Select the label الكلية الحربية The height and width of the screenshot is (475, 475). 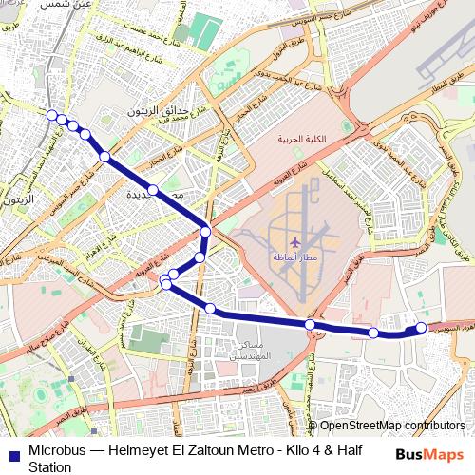[301, 140]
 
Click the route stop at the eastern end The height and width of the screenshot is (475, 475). [422, 328]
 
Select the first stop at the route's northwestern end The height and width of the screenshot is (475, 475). [51, 115]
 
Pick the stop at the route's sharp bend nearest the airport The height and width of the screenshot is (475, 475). [205, 231]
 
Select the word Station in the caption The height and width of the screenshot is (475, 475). [49, 467]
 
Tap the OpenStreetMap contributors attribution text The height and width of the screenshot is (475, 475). [391, 427]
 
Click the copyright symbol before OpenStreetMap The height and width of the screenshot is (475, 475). [313, 427]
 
